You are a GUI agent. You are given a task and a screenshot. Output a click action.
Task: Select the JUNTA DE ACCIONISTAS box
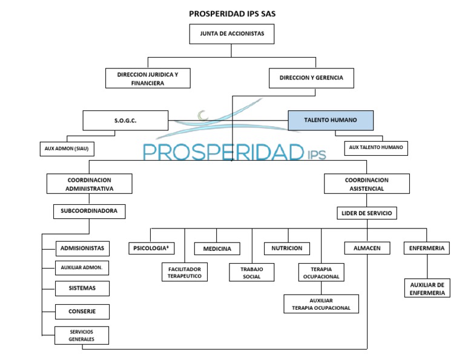pyautogui.click(x=232, y=35)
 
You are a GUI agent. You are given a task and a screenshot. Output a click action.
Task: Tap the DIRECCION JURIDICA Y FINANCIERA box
pyautogui.click(x=147, y=78)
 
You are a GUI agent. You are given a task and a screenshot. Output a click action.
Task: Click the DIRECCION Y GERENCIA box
pyautogui.click(x=311, y=78)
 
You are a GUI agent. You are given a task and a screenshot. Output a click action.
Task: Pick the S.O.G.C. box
pyautogui.click(x=125, y=121)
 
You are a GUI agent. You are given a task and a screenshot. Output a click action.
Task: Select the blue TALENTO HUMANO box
pyautogui.click(x=330, y=121)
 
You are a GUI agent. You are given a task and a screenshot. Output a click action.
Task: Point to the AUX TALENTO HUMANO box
pyautogui.click(x=376, y=148)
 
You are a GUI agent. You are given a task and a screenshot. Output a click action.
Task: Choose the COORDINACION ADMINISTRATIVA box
pyautogui.click(x=89, y=184)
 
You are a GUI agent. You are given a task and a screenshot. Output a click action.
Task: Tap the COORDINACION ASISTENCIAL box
pyautogui.click(x=367, y=184)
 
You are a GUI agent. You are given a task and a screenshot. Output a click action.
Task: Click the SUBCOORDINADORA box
pyautogui.click(x=89, y=212)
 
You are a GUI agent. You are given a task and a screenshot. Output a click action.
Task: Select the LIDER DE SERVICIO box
pyautogui.click(x=367, y=213)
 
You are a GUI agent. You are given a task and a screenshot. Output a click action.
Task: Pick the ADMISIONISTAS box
pyautogui.click(x=82, y=248)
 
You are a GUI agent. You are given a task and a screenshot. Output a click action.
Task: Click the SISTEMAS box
pyautogui.click(x=82, y=288)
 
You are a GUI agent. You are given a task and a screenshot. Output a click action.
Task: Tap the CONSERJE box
pyautogui.click(x=82, y=312)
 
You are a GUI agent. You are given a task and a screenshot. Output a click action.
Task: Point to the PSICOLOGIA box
pyautogui.click(x=151, y=248)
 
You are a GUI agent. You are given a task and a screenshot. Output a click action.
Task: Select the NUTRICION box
pyautogui.click(x=287, y=248)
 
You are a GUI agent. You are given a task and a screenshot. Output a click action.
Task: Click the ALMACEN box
pyautogui.click(x=367, y=248)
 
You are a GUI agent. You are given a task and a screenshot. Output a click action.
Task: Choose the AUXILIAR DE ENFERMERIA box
pyautogui.click(x=427, y=288)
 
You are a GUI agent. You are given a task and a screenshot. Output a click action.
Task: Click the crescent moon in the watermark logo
pyautogui.click(x=203, y=114)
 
